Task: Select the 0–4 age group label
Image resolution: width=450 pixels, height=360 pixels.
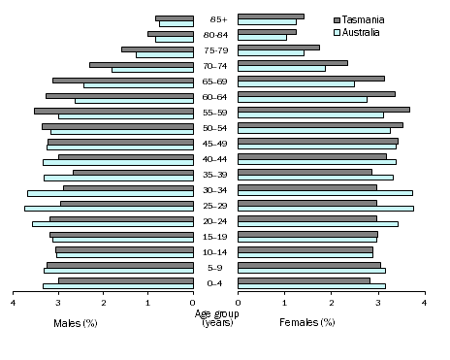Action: [x=216, y=283]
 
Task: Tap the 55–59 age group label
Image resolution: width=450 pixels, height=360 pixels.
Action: [x=216, y=113]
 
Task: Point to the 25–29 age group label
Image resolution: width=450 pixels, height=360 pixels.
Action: [x=216, y=206]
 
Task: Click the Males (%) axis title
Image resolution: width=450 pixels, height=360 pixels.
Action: [x=76, y=321]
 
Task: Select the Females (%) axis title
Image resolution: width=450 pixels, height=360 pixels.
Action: [x=307, y=321]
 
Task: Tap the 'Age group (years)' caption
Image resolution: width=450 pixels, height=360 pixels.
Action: [x=216, y=317]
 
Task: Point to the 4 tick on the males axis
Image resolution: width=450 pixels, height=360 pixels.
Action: [x=14, y=304]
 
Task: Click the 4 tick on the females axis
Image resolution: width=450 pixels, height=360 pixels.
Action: [x=424, y=304]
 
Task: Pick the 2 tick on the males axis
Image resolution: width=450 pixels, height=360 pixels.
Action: [x=104, y=304]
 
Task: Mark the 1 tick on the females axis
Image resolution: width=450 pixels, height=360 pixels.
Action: [x=284, y=304]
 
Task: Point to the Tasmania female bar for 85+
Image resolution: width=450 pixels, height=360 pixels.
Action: [x=271, y=16]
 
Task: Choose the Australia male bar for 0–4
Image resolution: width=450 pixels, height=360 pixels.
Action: [x=117, y=286]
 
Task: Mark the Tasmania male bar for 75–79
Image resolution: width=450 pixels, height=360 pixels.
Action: [x=157, y=49]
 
